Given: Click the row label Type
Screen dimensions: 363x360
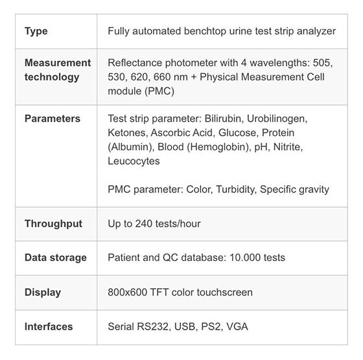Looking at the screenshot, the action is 36,31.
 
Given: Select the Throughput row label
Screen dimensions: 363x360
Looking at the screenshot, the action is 53,224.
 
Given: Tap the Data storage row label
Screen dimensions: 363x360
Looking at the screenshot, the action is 56,258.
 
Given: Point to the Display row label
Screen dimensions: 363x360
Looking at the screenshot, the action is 43,293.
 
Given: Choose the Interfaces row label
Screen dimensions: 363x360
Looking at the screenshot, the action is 49,327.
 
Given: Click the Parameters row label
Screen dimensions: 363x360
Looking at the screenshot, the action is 53,118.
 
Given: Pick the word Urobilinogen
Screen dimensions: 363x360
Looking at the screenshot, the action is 277,119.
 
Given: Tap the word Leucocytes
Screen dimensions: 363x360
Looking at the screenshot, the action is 134,161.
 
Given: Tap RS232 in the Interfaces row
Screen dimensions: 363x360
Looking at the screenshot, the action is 153,327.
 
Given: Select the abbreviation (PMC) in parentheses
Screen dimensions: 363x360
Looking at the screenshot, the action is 159,91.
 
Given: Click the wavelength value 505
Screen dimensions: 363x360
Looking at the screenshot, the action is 323,63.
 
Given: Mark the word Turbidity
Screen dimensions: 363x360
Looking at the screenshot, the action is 237,190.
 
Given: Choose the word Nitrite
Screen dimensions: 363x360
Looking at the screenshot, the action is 288,147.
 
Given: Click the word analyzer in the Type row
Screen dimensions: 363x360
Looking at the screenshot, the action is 316,32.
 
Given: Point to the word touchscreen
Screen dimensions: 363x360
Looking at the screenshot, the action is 225,292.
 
